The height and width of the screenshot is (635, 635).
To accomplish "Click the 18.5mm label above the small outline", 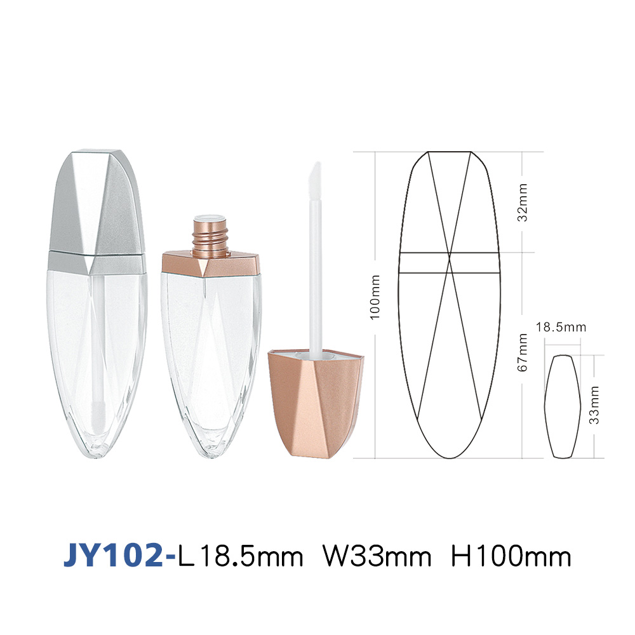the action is pos(561,327).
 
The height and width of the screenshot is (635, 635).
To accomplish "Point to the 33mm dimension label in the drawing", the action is pos(594,405).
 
